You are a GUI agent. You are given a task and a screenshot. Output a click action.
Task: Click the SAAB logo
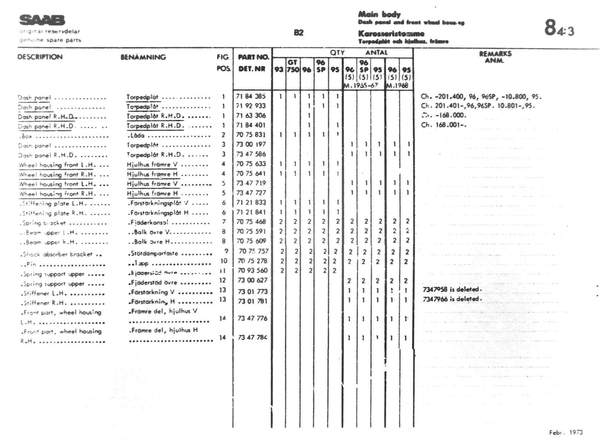42,20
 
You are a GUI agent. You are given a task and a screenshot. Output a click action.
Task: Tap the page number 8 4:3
559,28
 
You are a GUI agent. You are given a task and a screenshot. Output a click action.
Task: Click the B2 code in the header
298,33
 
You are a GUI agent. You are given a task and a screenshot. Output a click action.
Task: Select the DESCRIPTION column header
40,57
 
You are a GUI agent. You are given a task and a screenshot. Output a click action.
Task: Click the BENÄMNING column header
143,57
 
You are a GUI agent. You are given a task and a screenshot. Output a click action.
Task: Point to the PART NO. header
253,57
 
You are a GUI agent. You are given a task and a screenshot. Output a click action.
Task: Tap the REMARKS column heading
495,54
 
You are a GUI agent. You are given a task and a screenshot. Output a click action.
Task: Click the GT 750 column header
293,66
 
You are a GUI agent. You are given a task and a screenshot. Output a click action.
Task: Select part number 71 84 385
251,97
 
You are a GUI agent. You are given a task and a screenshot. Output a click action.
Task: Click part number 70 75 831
251,135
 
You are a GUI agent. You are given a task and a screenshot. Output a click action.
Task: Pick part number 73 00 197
251,144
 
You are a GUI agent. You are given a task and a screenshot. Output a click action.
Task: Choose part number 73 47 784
253,337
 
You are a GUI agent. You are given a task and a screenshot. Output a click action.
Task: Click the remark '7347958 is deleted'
452,290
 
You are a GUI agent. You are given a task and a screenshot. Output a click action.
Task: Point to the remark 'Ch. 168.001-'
443,125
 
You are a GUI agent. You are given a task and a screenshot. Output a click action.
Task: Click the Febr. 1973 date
565,433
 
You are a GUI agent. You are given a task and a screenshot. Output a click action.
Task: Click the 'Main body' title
379,14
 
